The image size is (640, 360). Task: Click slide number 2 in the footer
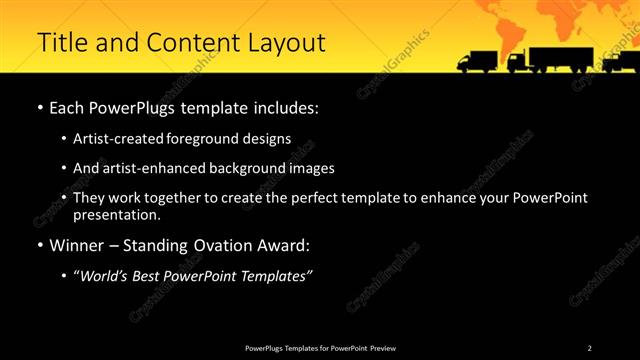coord(589,348)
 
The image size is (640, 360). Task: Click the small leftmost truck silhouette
coord(476,63)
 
